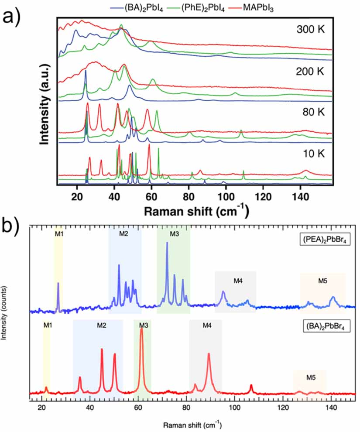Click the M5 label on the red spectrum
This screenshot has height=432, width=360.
[x=310, y=377]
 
